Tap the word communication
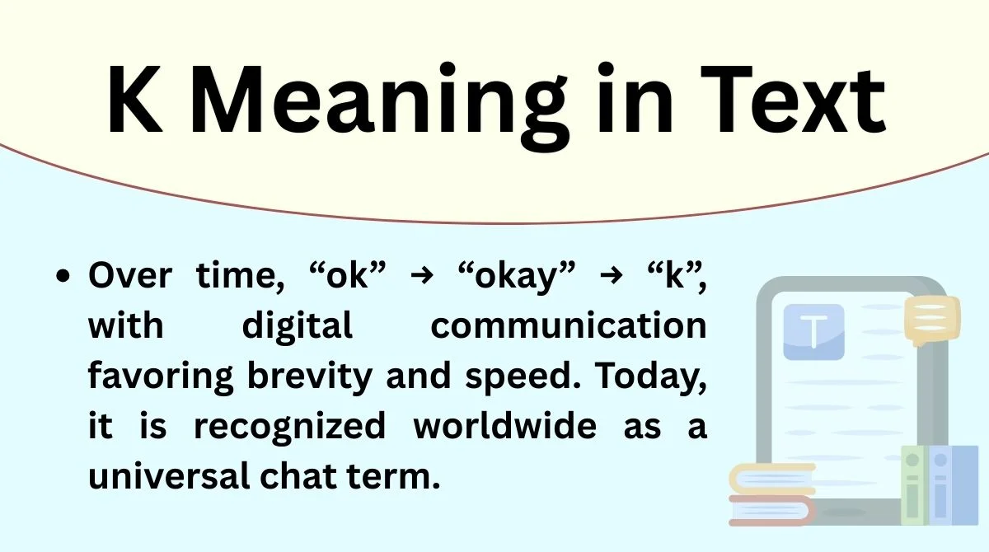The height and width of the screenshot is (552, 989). tap(568, 327)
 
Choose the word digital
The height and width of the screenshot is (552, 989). tap(297, 325)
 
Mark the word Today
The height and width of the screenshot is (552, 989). tap(650, 377)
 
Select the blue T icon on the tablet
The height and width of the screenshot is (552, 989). tap(813, 332)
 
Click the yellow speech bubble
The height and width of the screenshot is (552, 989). tap(931, 319)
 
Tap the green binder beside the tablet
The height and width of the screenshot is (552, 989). tap(913, 486)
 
